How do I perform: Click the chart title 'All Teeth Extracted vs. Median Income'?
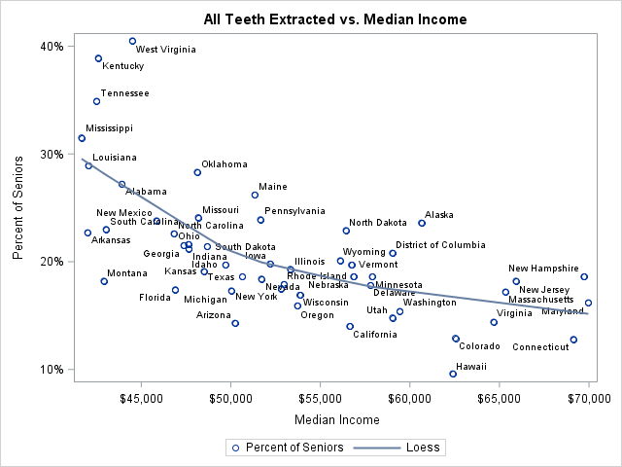click(x=335, y=18)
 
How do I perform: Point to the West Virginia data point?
click(x=132, y=41)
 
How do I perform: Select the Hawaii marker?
click(x=453, y=374)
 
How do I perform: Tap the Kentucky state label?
click(x=123, y=66)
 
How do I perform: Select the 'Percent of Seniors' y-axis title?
click(x=18, y=208)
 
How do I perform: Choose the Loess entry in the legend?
click(x=400, y=448)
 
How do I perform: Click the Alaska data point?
click(x=422, y=223)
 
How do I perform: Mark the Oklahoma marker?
click(x=197, y=172)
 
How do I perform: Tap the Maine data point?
click(x=255, y=195)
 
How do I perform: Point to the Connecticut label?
click(x=540, y=347)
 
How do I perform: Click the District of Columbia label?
click(x=440, y=245)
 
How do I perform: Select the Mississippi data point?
click(x=82, y=138)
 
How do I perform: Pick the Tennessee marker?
click(x=96, y=101)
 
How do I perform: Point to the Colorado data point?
click(x=456, y=339)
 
